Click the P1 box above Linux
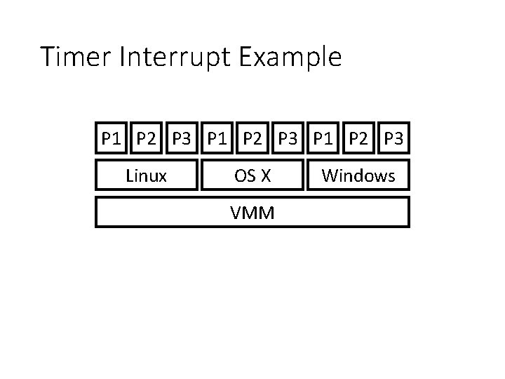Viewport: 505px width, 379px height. (111, 138)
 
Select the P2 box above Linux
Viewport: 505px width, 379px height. (147, 138)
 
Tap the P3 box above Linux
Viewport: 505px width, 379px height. (182, 138)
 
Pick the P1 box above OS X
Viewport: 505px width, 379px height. (217, 138)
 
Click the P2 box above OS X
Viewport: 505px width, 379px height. (252, 138)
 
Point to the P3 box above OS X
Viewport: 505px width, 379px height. (288, 138)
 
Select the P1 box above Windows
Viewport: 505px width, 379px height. (323, 138)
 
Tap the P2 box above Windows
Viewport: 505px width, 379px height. (358, 138)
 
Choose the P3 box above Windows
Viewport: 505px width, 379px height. (393, 138)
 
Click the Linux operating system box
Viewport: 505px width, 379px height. (146, 175)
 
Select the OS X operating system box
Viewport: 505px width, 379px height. (252, 175)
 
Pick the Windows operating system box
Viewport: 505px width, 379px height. (358, 175)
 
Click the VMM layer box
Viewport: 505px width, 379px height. (252, 212)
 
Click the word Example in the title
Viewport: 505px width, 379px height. (291, 58)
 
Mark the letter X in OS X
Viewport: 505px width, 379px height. (264, 175)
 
